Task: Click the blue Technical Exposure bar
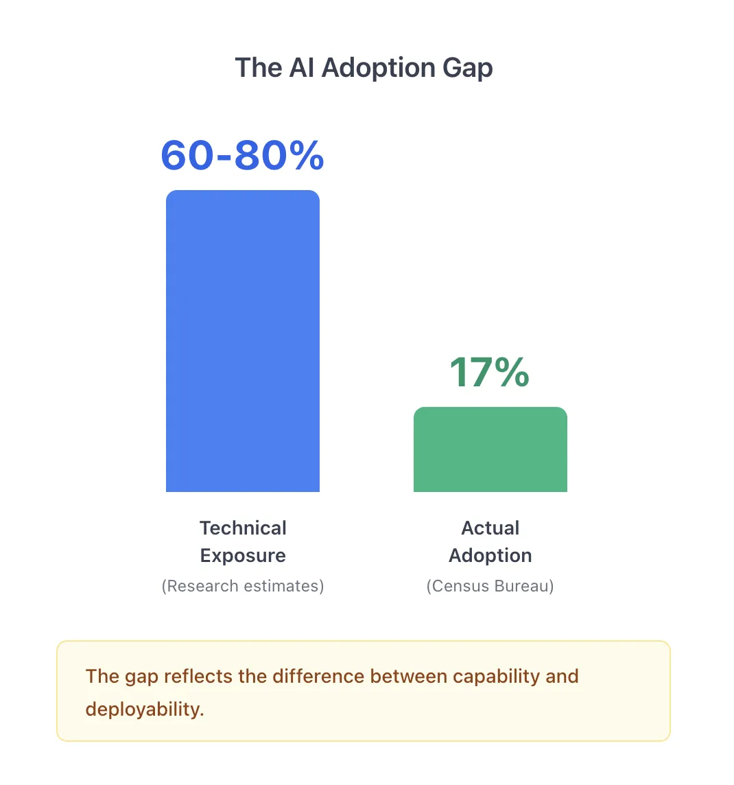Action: tap(242, 341)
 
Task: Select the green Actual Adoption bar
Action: tap(490, 449)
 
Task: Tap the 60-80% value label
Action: tap(242, 155)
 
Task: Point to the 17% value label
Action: tap(489, 373)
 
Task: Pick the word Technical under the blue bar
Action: tap(243, 528)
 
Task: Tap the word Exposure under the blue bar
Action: tap(243, 555)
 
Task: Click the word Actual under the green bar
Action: tap(490, 528)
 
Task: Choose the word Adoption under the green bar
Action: tap(490, 555)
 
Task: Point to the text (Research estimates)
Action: tap(243, 586)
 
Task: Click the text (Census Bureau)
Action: tap(490, 586)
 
